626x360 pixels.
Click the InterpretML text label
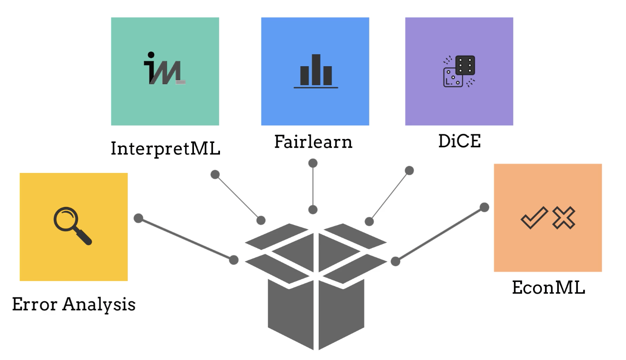[x=165, y=148]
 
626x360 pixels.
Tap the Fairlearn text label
[x=313, y=142]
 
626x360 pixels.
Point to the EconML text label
[x=548, y=288]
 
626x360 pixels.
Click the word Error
[x=35, y=304]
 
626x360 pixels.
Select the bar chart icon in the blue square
[x=315, y=71]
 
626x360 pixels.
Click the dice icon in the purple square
[x=459, y=71]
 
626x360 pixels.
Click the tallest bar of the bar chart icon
[x=316, y=69]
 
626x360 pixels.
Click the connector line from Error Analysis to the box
[x=186, y=239]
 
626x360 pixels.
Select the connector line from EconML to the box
[x=440, y=234]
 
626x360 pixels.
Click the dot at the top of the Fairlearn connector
[x=313, y=163]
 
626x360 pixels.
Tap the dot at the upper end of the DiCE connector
[x=409, y=170]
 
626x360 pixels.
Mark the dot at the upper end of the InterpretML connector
[x=215, y=174]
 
